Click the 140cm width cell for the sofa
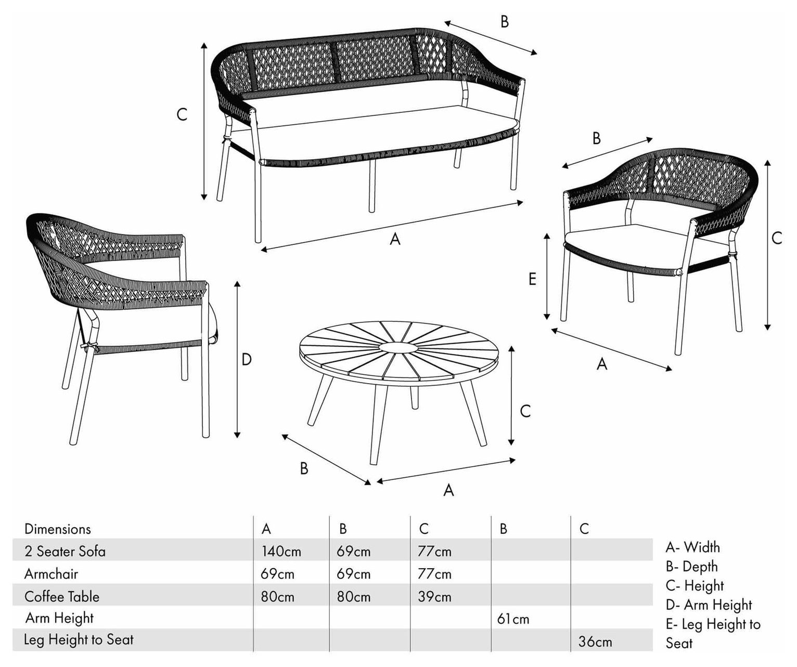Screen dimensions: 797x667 281,552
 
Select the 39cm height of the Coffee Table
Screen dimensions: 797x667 434,597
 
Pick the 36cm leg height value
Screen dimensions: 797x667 595,642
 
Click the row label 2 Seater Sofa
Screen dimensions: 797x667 65,552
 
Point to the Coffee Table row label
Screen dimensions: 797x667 62,597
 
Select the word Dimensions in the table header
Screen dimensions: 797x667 58,529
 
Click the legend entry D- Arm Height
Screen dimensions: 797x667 709,605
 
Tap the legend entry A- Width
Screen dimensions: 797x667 693,547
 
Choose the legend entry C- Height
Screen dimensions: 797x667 695,586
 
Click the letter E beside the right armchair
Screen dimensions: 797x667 532,279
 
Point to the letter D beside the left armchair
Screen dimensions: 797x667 247,359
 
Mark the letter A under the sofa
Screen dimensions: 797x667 395,239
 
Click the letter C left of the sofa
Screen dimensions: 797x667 182,114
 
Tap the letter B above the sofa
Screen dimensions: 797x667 505,22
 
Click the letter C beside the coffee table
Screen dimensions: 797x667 525,411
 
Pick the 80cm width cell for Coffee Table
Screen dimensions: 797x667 277,597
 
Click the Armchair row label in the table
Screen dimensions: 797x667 51,574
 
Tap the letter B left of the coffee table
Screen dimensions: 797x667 304,468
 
